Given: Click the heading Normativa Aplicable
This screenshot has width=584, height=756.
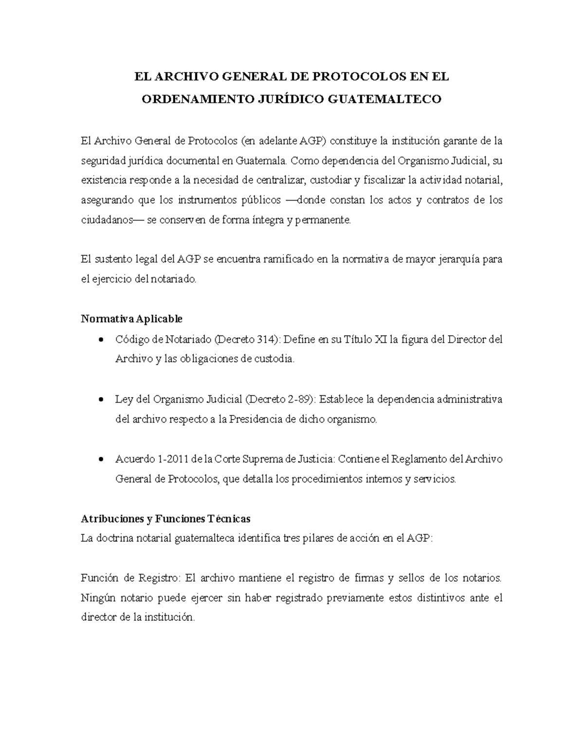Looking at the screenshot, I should (x=131, y=319).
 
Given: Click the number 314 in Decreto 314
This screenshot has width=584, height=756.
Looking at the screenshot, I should (x=265, y=339).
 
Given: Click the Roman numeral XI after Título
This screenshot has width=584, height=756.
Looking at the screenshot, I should (x=380, y=339).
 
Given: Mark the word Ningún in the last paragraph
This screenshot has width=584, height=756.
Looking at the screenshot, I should (x=96, y=598).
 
